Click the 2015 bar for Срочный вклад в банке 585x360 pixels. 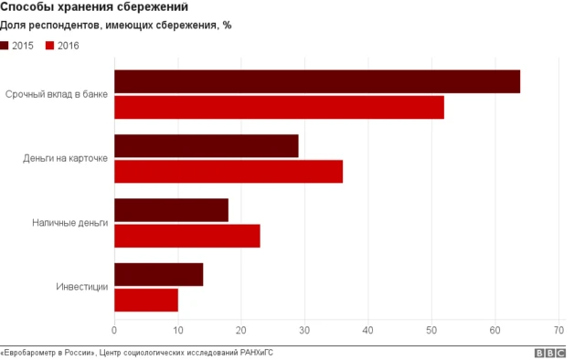(x=317, y=81)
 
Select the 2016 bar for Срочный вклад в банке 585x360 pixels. (x=279, y=107)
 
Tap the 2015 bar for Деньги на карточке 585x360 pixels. (x=207, y=145)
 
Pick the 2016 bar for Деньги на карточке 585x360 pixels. (x=229, y=171)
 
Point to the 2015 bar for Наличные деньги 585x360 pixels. (x=171, y=210)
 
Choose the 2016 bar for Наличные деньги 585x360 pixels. (x=187, y=236)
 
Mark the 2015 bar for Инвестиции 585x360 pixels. (x=159, y=274)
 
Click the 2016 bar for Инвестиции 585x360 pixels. (x=146, y=300)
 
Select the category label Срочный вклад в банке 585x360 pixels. (x=57, y=94)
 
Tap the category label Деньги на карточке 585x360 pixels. (x=66, y=158)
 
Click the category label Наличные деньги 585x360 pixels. (x=69, y=222)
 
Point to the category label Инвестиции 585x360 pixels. (x=82, y=287)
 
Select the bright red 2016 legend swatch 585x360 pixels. (x=49, y=45)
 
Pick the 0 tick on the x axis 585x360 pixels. (x=114, y=330)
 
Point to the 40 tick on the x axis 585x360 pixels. (x=368, y=330)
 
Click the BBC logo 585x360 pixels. (x=549, y=353)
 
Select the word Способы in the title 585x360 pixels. (x=27, y=8)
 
